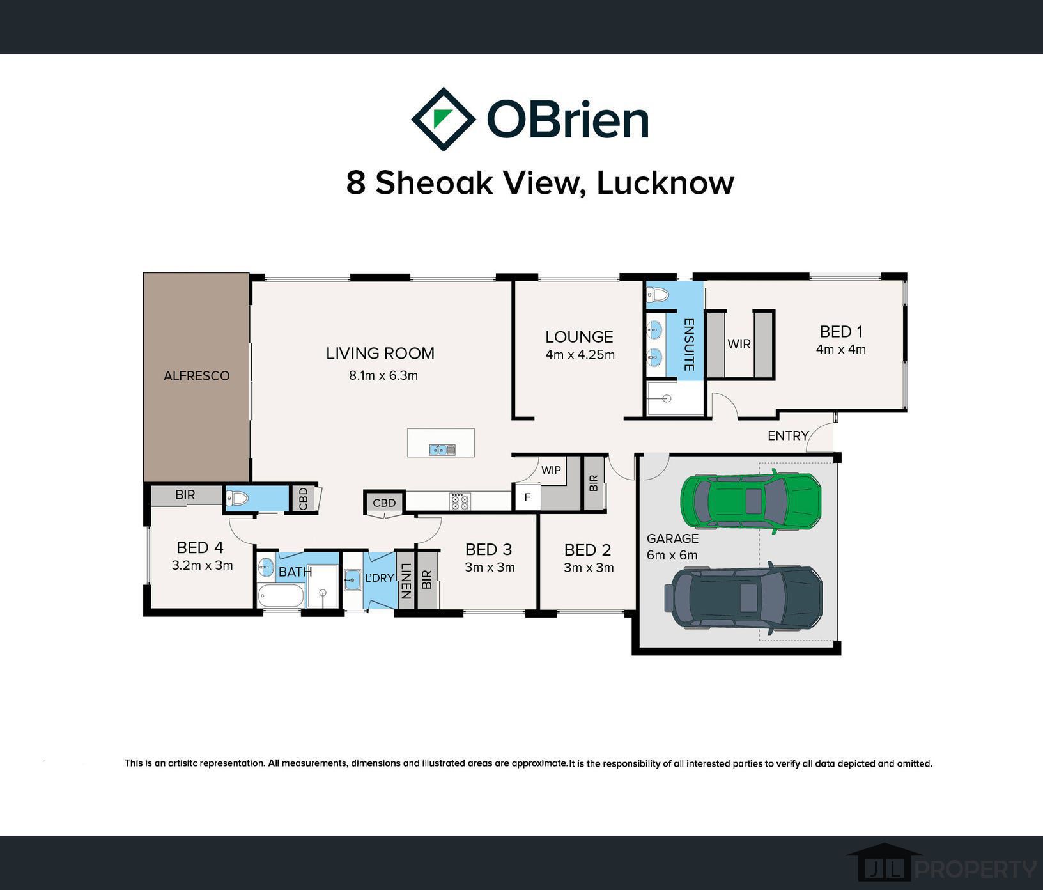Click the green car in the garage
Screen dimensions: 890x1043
tap(750, 501)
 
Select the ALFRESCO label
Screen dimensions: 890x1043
tap(196, 376)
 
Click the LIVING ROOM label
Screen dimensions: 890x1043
tap(380, 354)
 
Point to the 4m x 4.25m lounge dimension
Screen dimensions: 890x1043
tap(580, 355)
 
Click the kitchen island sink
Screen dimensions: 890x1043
tap(442, 450)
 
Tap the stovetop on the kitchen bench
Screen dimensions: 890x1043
tap(460, 501)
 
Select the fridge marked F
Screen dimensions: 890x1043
tap(527, 497)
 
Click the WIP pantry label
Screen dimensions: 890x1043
tap(551, 471)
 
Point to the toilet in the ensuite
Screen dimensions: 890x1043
tap(658, 295)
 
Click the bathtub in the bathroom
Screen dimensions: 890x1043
tap(281, 596)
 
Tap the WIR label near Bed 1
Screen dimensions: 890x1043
tap(739, 344)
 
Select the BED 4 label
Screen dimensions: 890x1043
tap(200, 548)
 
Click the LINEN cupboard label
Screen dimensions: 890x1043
tap(405, 581)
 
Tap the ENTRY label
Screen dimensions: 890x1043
tap(788, 436)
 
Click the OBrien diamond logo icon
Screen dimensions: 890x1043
tap(443, 119)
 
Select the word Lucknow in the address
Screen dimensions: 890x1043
tap(665, 183)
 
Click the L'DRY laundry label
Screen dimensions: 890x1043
tap(379, 578)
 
